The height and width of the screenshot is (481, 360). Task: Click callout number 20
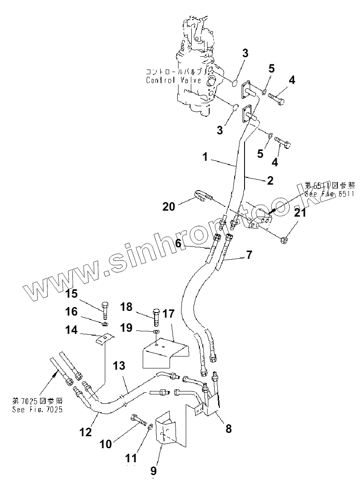168,206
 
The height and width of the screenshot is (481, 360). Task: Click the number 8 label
229,428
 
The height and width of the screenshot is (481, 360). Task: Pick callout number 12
86,432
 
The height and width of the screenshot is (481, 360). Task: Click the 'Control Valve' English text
164,80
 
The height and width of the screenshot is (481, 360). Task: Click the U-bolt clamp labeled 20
202,196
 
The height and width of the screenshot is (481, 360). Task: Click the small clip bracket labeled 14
104,340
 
